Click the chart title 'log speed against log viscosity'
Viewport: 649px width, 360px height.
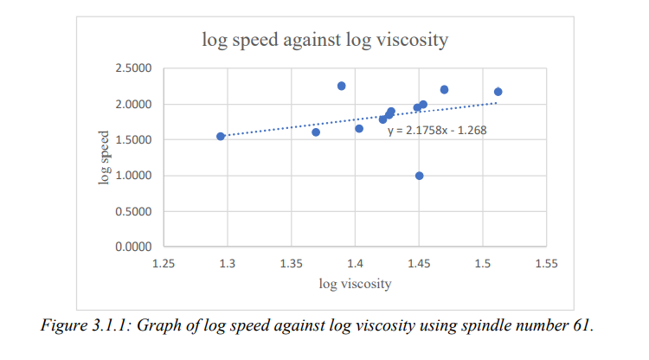pyautogui.click(x=324, y=39)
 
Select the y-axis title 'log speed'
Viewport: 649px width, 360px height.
pyautogui.click(x=104, y=157)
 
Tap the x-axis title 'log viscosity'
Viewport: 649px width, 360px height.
pyautogui.click(x=355, y=283)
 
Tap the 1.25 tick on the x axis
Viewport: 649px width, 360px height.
pyautogui.click(x=164, y=262)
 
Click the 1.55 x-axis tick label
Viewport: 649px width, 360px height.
pyautogui.click(x=545, y=262)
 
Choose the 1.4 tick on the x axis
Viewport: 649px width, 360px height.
pyautogui.click(x=355, y=262)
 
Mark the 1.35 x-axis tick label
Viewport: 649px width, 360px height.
pyautogui.click(x=291, y=262)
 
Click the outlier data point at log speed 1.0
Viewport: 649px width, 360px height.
pyautogui.click(x=420, y=176)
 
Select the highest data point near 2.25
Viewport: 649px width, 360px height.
pyautogui.click(x=342, y=86)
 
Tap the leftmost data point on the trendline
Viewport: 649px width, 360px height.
pyautogui.click(x=221, y=136)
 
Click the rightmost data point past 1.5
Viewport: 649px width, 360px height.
pyautogui.click(x=498, y=92)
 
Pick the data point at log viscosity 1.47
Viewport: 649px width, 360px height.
pyautogui.click(x=444, y=90)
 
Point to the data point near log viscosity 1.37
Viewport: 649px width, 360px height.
pyautogui.click(x=316, y=132)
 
